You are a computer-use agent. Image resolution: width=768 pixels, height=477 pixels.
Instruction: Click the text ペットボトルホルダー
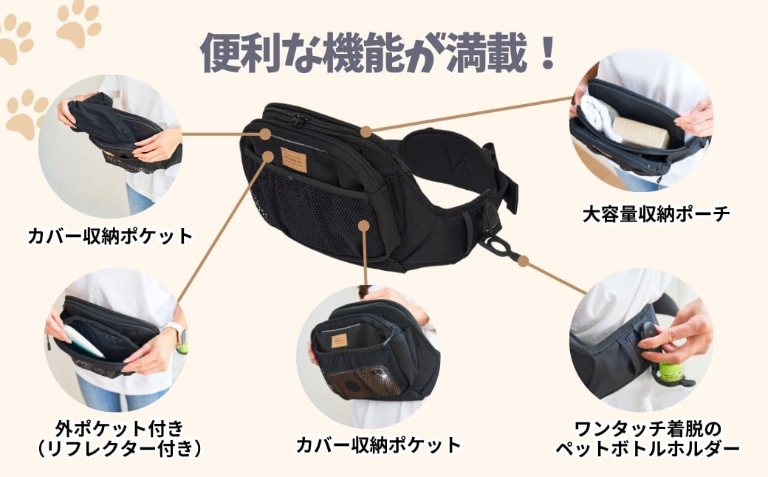[x=648, y=449]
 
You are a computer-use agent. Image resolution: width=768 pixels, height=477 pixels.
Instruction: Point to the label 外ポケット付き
[x=120, y=429]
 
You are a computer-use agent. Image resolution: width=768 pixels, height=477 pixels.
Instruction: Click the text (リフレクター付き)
[x=120, y=449]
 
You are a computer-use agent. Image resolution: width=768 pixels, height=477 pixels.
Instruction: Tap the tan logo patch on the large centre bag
[x=294, y=159]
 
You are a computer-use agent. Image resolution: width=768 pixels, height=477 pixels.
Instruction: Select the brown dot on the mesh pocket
[x=363, y=225]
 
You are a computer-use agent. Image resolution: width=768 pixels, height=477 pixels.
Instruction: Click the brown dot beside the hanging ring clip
[x=524, y=261]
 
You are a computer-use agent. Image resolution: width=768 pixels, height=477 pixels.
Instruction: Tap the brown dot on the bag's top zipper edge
[x=366, y=131]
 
